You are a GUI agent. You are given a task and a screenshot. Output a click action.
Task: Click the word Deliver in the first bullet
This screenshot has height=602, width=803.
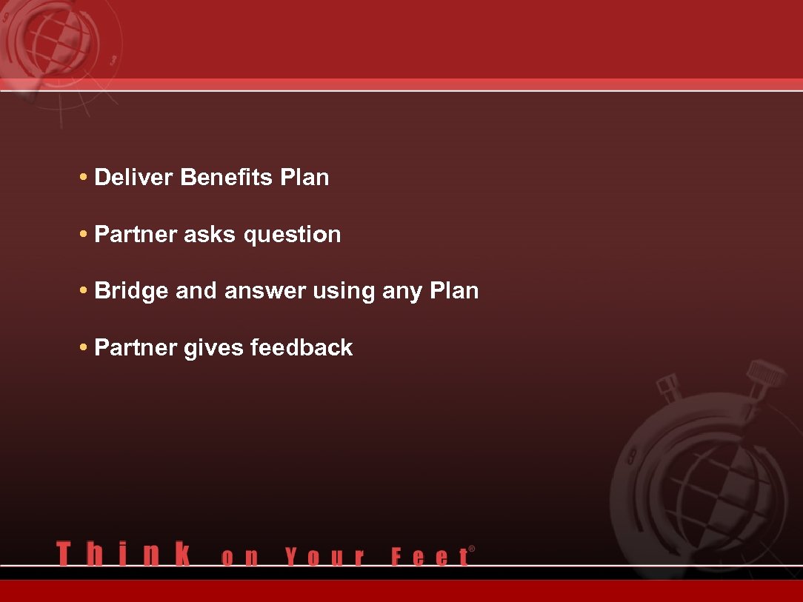[134, 178]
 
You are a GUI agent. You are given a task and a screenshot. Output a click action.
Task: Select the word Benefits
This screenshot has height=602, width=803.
[227, 178]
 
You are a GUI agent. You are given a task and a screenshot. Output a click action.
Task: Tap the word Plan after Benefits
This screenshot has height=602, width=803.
[304, 178]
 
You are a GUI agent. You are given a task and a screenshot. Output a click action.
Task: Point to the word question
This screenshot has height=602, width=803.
[293, 235]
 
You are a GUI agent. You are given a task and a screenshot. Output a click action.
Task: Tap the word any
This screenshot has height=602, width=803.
[402, 292]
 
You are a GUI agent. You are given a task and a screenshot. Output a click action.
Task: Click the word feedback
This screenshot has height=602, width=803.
[301, 347]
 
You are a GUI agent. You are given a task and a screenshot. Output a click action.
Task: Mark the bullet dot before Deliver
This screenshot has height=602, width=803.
[84, 178]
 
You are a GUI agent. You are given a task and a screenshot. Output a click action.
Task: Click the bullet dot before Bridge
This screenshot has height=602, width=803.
[84, 291]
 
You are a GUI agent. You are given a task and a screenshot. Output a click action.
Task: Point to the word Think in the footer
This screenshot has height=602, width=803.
[123, 555]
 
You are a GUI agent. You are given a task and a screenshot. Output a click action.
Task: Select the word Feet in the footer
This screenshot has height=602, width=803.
[430, 557]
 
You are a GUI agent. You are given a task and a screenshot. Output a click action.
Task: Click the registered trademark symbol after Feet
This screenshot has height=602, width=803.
[472, 549]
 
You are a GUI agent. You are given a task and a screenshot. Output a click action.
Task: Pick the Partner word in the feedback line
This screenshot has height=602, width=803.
[136, 347]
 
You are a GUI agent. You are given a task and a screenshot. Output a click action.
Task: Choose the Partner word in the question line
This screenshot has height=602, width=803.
[136, 235]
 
